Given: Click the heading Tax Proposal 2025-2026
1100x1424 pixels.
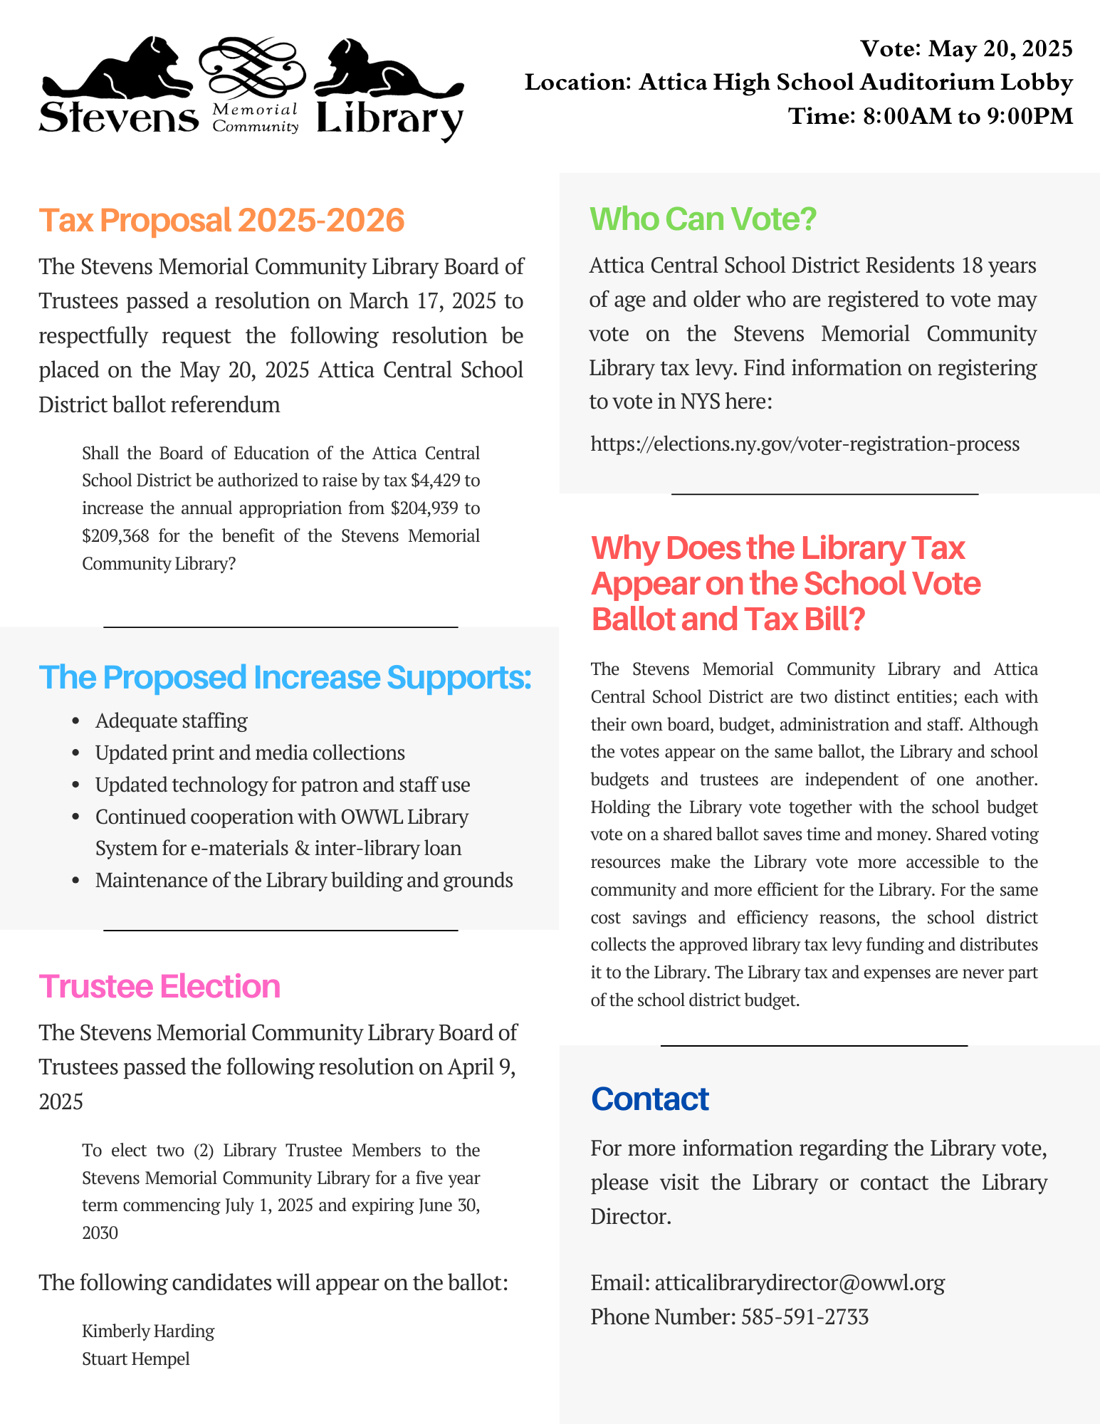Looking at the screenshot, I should [221, 220].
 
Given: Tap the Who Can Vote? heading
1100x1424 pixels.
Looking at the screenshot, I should [703, 219].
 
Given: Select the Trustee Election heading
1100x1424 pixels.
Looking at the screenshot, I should [159, 986].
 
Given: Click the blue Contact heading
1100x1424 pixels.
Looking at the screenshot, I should [649, 1099].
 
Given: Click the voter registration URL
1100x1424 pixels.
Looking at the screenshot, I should [805, 444].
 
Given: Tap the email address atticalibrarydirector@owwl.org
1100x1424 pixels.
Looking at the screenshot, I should [800, 1282].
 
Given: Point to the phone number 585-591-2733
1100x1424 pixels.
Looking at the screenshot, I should [805, 1316].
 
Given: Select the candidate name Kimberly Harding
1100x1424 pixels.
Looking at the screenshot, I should [148, 1331].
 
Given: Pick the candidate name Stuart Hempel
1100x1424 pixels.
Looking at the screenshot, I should [136, 1358].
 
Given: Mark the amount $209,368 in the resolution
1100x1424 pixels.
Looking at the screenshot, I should [116, 535].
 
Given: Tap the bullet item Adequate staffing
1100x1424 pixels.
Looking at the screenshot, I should [172, 721].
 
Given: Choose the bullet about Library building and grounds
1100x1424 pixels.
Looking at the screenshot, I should [304, 880].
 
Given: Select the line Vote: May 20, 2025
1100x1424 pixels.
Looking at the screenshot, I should [966, 48].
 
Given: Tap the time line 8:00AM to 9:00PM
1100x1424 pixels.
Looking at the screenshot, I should [931, 116].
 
